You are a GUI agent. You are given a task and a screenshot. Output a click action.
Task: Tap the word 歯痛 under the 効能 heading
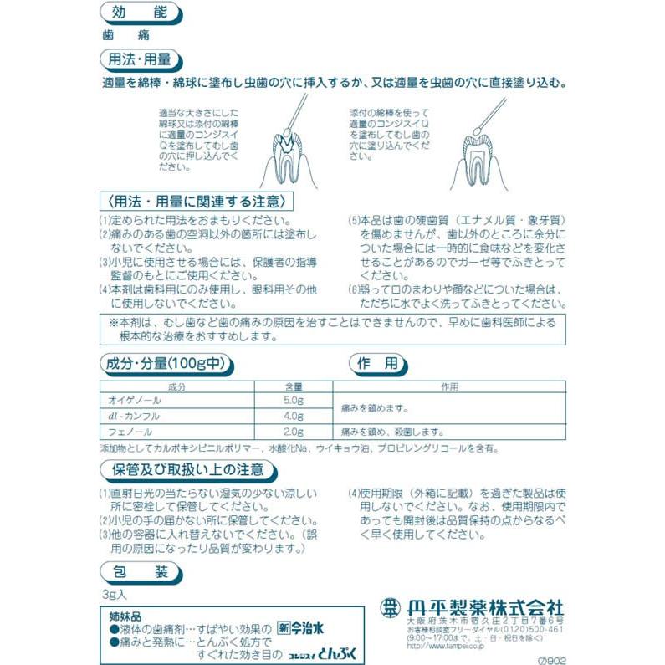[x=113, y=36]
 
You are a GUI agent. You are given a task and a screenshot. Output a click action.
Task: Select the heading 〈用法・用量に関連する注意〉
[x=197, y=202]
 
